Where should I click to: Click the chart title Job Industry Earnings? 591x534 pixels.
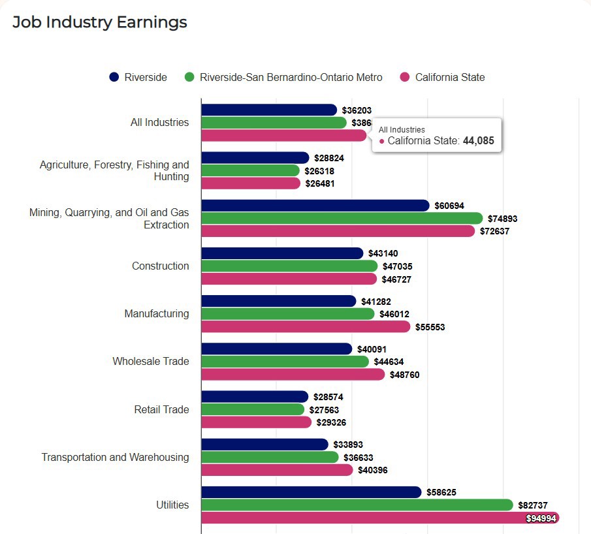tap(100, 22)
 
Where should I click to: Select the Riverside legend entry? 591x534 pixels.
tap(138, 77)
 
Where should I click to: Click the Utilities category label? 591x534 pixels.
tap(172, 505)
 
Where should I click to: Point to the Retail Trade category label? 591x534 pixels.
tap(161, 409)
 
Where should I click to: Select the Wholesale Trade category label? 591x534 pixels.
tap(151, 361)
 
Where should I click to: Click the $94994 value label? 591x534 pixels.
tap(541, 518)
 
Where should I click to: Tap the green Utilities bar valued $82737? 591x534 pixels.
tap(357, 505)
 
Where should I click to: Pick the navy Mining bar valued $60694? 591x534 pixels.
tap(315, 206)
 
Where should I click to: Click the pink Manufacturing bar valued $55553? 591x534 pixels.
tap(306, 326)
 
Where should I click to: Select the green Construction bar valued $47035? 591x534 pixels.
tap(289, 266)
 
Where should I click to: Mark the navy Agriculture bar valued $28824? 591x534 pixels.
tap(255, 158)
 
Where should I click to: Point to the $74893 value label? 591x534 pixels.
tap(502, 219)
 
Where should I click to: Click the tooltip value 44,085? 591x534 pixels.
tap(479, 140)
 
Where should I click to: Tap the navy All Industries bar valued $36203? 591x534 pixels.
tap(269, 110)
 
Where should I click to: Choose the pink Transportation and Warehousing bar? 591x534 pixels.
tap(277, 470)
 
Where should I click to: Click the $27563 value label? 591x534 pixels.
tap(324, 409)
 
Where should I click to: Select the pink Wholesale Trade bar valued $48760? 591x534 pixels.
tap(293, 375)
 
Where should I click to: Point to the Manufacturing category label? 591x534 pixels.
tap(157, 313)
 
